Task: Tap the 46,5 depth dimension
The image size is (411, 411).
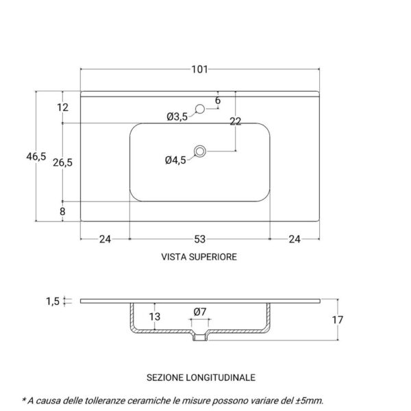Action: [36, 156]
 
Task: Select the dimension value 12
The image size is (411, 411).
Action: [63, 108]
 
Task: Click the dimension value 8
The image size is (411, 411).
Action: [62, 212]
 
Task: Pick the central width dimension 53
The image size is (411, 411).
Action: [199, 239]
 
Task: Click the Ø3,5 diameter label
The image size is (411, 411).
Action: [177, 117]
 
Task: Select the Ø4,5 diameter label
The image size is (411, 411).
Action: [175, 160]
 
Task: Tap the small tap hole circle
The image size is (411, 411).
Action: [201, 108]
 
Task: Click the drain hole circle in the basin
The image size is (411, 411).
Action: [200, 151]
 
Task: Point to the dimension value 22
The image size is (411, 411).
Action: [236, 121]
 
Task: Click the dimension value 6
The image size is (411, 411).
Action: [218, 101]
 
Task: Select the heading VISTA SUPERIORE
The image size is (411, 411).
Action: [199, 258]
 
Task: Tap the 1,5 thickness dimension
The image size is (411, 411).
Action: [52, 301]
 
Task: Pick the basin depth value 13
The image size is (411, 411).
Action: [155, 316]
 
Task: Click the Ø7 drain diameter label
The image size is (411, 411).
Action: [200, 312]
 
